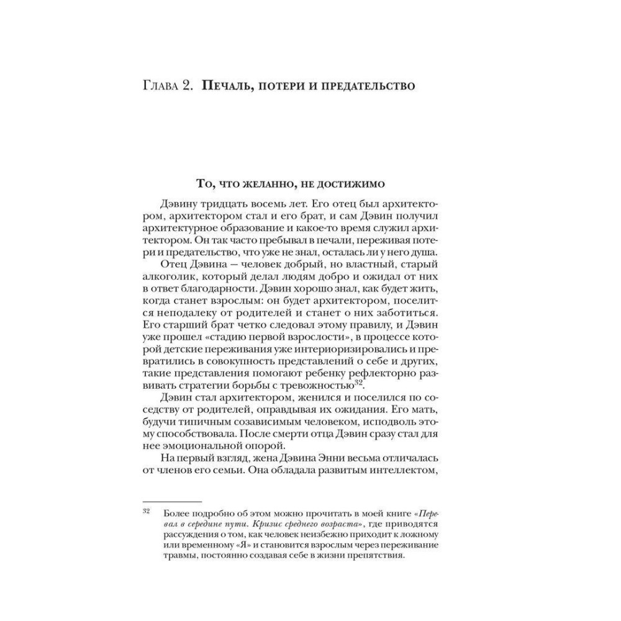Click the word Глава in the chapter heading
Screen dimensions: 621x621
pos(160,86)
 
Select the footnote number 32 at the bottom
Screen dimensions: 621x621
pos(147,512)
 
